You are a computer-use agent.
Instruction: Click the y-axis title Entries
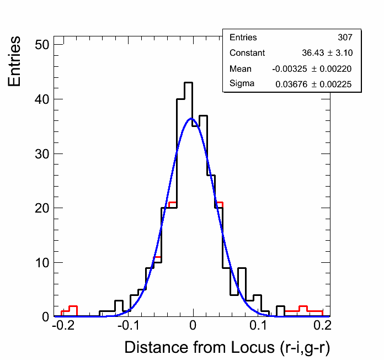click(15, 61)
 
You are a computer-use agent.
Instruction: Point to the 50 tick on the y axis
click(42, 45)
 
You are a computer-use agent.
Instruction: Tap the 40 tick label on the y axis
click(42, 99)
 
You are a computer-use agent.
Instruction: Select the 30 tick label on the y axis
click(42, 153)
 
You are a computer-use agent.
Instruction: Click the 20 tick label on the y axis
click(42, 208)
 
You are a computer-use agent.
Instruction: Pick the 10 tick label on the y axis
click(42, 262)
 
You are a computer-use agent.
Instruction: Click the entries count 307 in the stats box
click(345, 38)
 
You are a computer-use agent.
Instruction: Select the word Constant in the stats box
click(247, 53)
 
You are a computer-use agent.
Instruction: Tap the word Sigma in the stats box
click(242, 84)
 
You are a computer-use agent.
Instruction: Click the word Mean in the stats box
click(240, 68)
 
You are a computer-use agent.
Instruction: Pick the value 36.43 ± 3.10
click(327, 53)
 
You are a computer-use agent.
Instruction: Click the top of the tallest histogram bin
click(188, 83)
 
